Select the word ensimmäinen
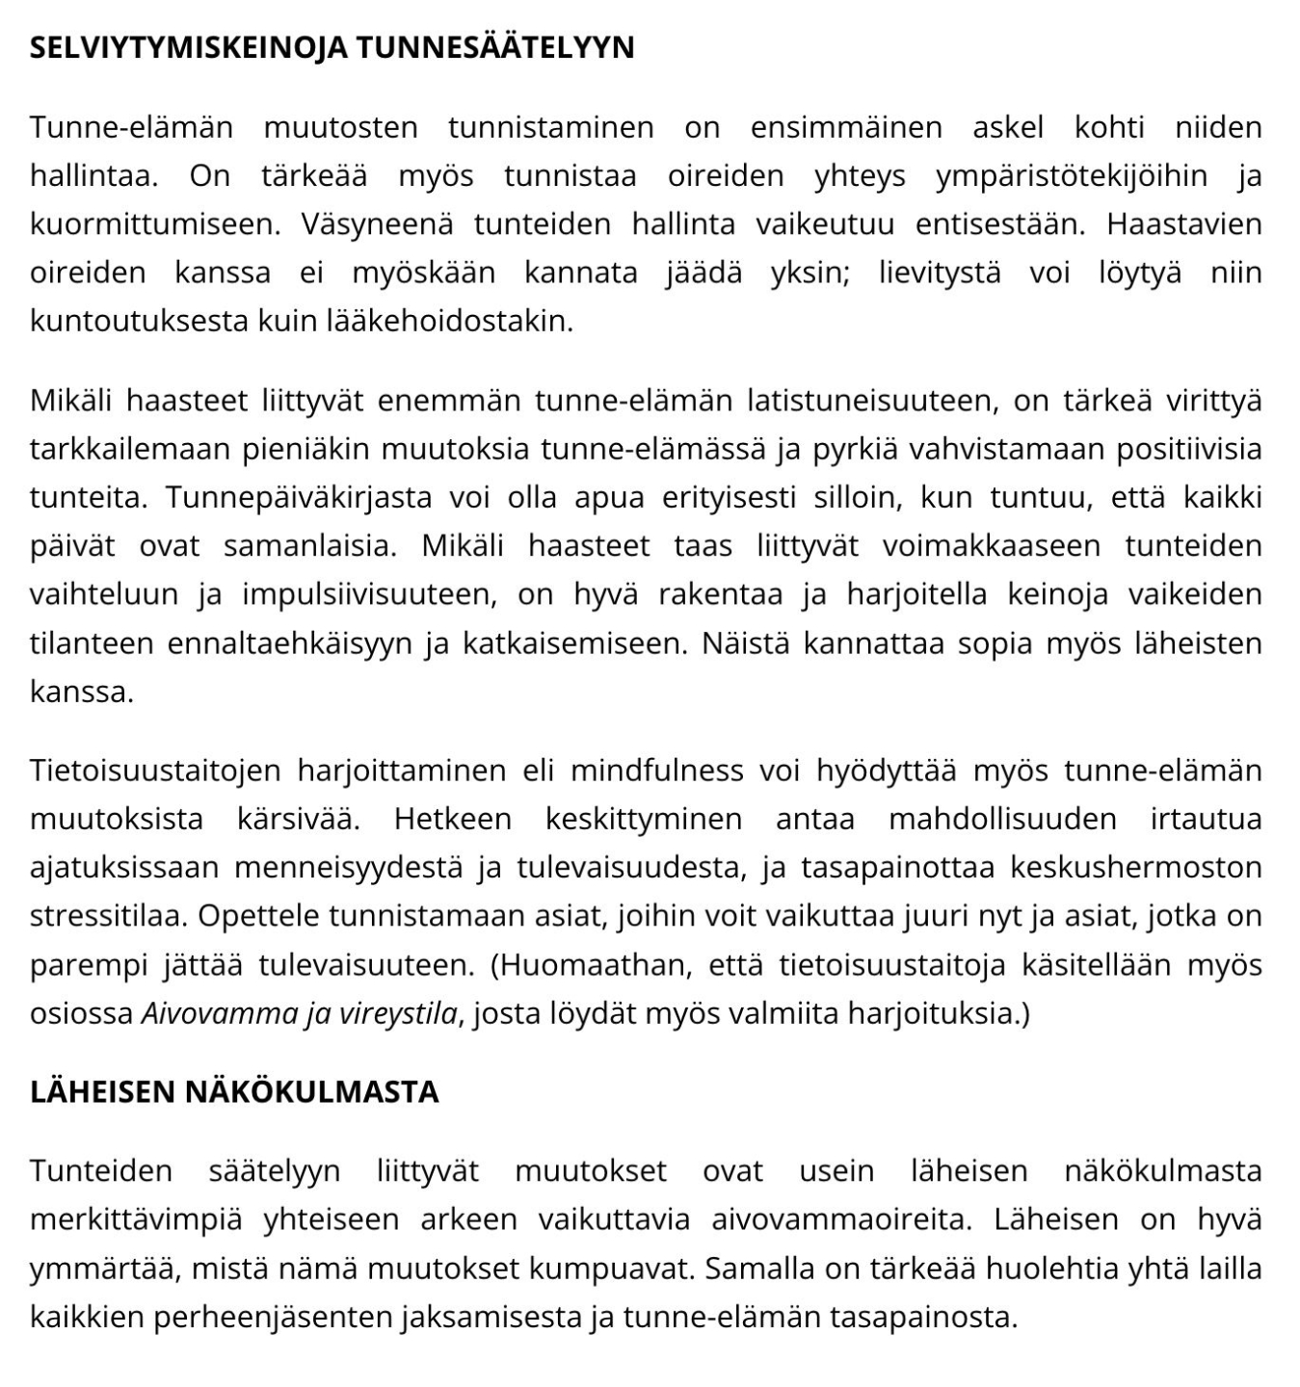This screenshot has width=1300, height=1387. click(x=846, y=127)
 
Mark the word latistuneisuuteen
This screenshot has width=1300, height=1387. click(x=822, y=401)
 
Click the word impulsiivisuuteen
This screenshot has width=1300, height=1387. click(x=370, y=594)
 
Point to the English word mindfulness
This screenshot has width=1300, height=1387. click(x=657, y=771)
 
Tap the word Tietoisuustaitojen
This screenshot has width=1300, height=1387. click(x=155, y=771)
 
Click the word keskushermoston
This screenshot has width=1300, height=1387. click(x=1136, y=867)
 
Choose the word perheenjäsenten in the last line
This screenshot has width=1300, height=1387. click(x=277, y=1316)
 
